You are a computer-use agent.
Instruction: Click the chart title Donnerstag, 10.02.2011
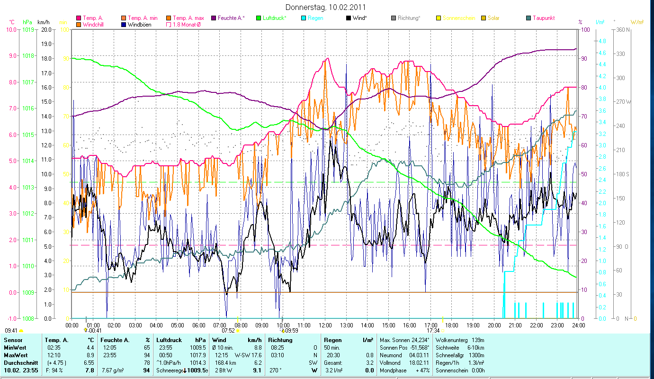(x=326, y=8)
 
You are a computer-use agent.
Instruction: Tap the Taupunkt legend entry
(x=543, y=18)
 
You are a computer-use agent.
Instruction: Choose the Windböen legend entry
(x=139, y=24)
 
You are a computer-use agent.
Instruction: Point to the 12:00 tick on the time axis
(x=325, y=325)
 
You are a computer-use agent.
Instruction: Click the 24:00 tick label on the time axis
(x=578, y=325)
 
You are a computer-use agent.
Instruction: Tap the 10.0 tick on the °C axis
(x=11, y=29)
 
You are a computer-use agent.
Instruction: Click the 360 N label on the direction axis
(x=623, y=29)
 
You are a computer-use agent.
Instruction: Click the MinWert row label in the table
(x=15, y=348)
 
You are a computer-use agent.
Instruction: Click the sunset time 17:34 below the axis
(x=433, y=331)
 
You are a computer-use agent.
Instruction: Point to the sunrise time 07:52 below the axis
(x=228, y=331)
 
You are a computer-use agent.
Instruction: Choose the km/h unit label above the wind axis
(x=44, y=22)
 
